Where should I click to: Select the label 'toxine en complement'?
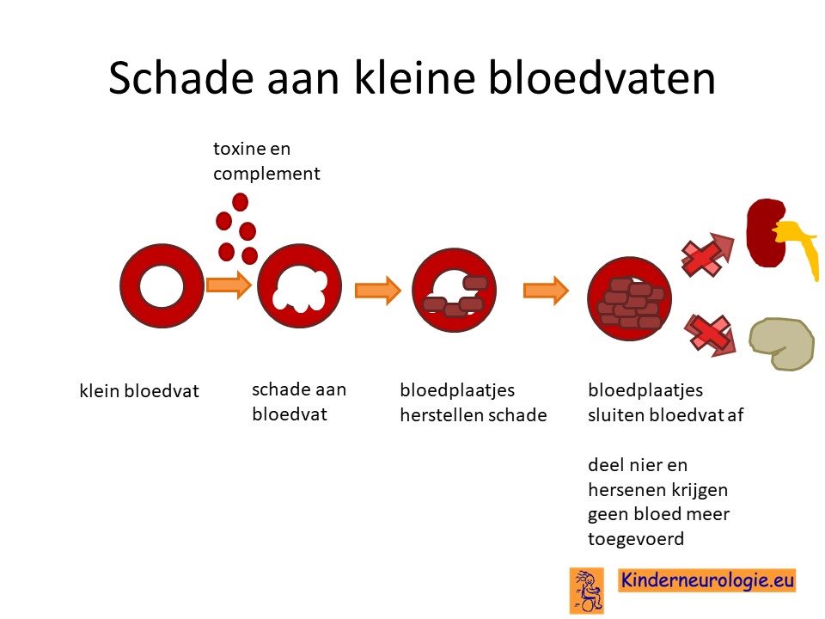266,161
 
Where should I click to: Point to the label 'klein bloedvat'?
139,391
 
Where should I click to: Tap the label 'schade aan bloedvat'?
299,401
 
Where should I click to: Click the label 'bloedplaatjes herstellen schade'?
473,402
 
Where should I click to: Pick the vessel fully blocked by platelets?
629,298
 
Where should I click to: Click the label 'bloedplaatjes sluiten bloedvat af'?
665,402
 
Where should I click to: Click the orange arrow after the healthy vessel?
229,285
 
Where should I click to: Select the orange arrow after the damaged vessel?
378,290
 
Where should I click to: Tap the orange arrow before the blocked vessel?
546,290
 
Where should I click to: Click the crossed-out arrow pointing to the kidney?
707,254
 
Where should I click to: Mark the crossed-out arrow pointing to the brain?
710,334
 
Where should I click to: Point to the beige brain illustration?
781,344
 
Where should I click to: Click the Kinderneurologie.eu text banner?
706,580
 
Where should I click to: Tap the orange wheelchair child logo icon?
587,591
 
